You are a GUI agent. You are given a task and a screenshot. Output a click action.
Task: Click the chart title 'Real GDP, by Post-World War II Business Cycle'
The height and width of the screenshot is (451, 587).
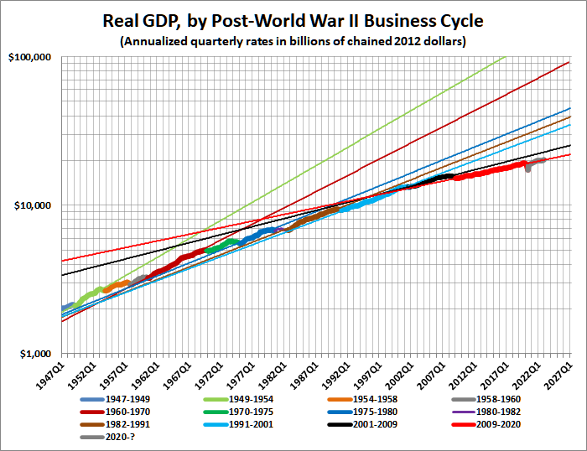tap(293, 18)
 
